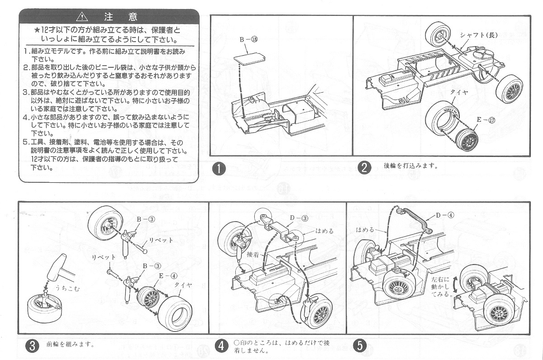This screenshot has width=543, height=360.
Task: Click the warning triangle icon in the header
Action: pos(82,17)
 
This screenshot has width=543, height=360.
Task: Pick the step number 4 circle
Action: pos(221,346)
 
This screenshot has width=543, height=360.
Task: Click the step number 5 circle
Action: pos(360,346)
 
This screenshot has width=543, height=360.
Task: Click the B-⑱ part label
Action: pos(248,39)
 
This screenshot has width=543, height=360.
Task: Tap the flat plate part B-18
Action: pos(249,59)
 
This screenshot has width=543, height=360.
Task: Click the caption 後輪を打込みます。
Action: pos(410,166)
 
